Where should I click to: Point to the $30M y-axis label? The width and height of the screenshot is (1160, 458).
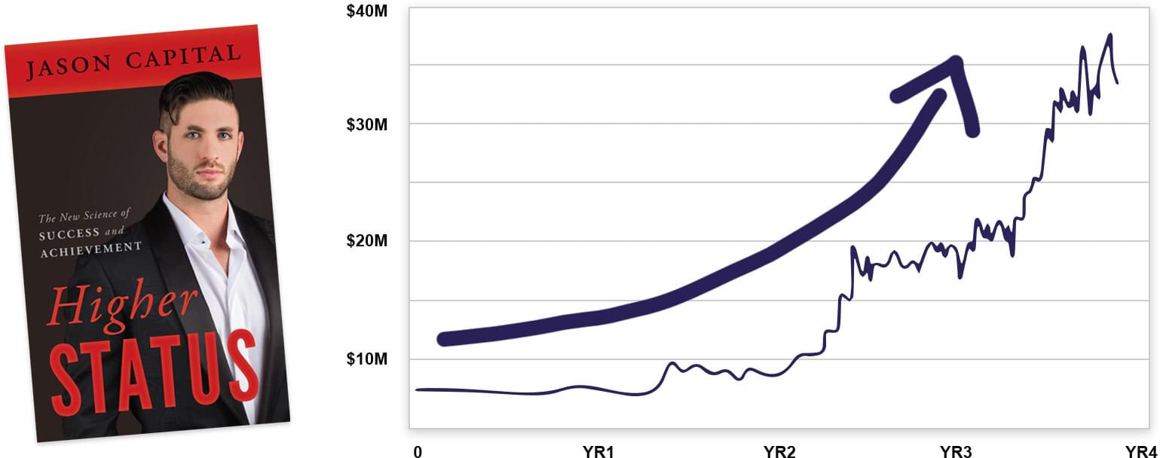point(366,124)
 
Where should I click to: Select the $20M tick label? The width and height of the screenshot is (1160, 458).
point(366,241)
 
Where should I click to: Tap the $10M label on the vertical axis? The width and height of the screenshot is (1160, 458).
point(366,359)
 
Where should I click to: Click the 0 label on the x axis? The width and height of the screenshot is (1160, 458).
point(417,451)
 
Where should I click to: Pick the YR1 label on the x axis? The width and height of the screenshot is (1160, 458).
point(598,451)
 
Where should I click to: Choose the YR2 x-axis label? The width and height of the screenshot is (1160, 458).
point(779,451)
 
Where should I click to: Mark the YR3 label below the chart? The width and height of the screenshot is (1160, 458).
point(956,451)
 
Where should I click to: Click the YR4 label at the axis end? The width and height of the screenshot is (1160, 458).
point(1141,451)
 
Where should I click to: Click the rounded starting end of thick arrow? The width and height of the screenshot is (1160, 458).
point(445,338)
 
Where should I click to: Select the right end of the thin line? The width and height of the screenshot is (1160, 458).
point(1116,82)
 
